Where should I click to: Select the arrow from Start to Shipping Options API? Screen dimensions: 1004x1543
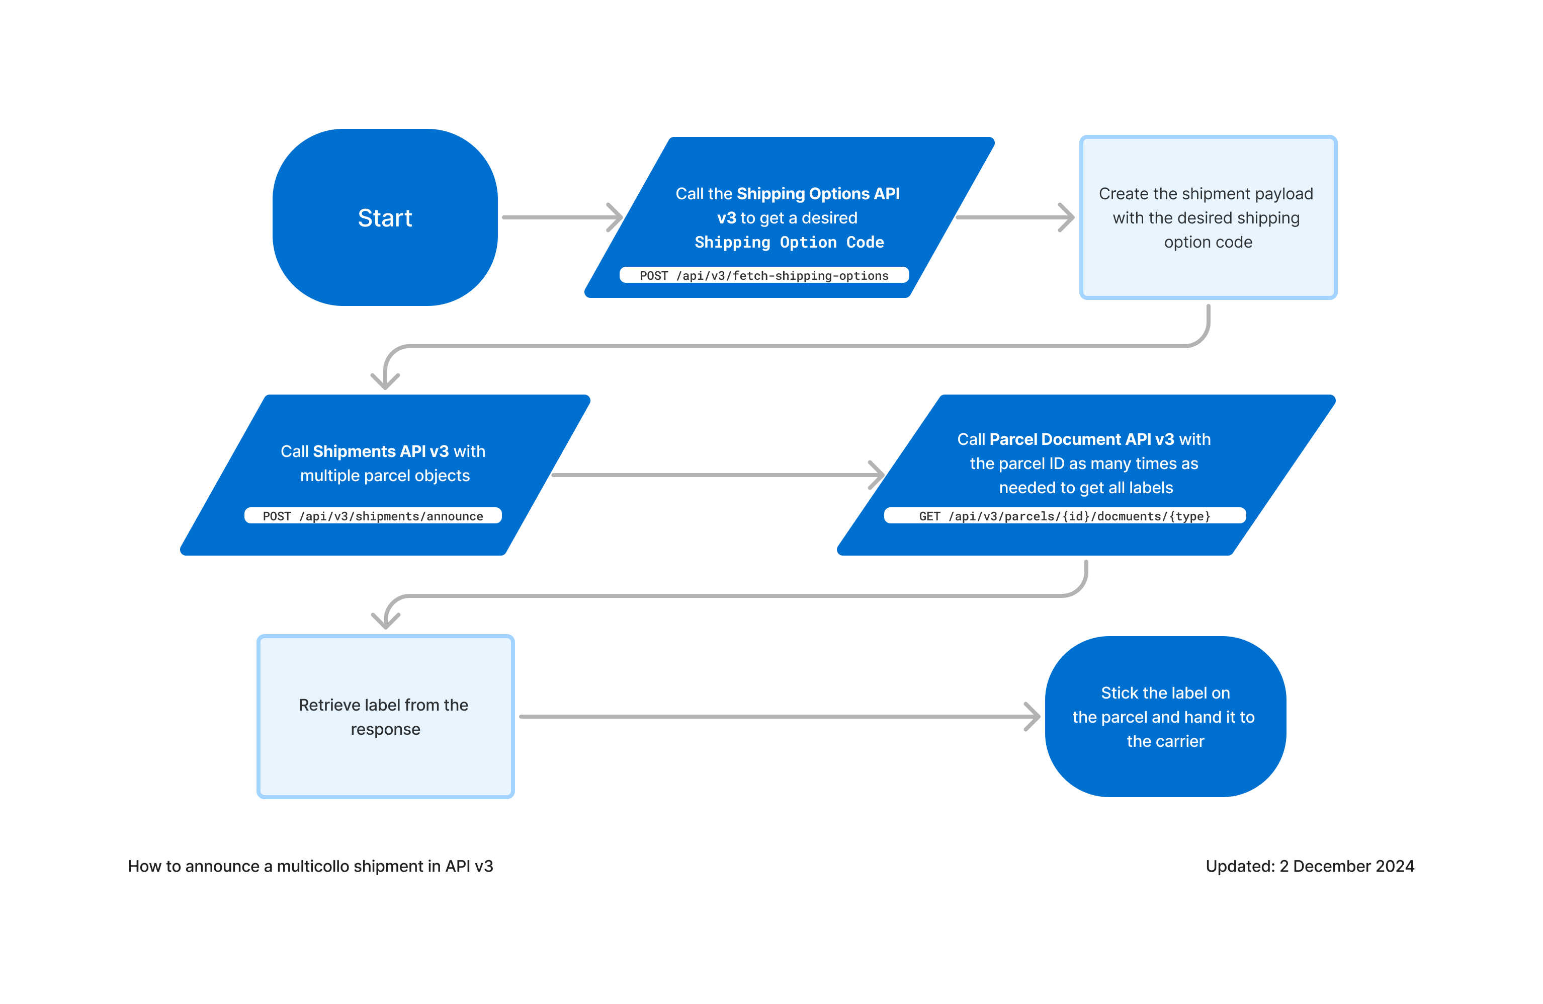[561, 217]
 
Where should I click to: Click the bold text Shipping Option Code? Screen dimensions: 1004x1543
[789, 243]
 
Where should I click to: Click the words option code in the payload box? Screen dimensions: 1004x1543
[1208, 243]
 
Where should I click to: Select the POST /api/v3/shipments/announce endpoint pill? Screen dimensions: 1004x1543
[373, 516]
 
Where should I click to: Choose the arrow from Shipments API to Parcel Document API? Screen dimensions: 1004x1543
[716, 476]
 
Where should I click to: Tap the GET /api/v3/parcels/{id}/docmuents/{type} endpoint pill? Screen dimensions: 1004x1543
[1065, 516]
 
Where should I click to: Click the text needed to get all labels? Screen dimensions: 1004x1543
[1086, 488]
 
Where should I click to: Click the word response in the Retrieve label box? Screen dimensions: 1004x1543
[385, 730]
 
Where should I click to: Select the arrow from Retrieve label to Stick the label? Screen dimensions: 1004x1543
[778, 717]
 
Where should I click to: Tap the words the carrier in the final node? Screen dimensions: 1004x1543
[1165, 741]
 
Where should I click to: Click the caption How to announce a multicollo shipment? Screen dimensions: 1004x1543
[310, 867]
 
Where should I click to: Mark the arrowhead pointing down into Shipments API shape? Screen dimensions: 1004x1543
[385, 381]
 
